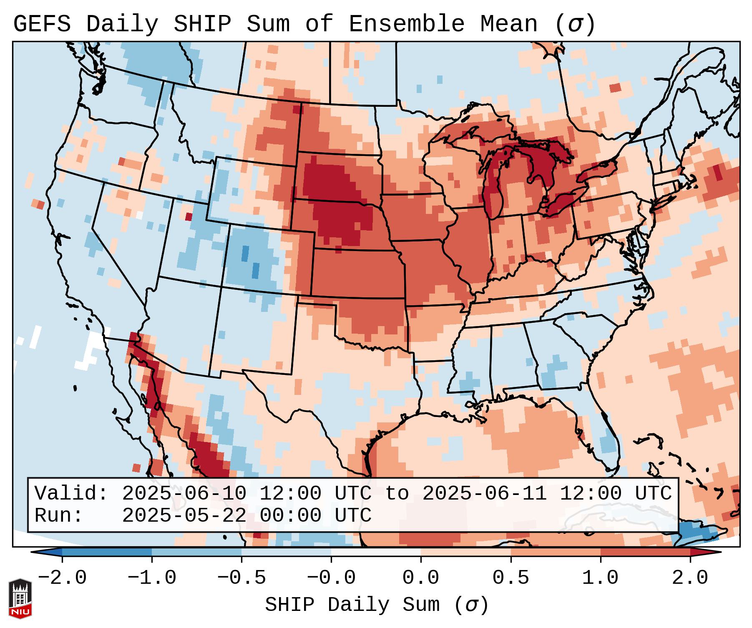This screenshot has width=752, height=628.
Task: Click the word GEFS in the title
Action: tap(42, 24)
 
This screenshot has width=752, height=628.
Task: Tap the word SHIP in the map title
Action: tap(202, 24)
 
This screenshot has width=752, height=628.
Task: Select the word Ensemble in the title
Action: tap(406, 24)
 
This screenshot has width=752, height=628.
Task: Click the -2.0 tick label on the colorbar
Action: tap(62, 578)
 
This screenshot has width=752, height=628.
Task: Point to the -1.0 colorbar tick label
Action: tap(152, 578)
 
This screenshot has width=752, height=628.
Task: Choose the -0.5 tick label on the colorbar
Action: tap(241, 578)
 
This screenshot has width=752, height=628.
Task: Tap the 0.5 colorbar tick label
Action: tap(511, 578)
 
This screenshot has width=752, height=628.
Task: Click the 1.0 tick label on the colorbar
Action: tap(601, 578)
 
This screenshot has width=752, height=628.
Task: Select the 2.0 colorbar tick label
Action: tap(690, 578)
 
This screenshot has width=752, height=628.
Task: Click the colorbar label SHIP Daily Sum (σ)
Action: tap(376, 605)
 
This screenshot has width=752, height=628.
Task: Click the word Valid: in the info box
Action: tap(71, 494)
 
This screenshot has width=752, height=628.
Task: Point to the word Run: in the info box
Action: tap(59, 515)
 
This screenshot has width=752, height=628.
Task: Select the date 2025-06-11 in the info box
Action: tap(484, 494)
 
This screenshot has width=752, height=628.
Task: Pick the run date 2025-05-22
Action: tap(184, 515)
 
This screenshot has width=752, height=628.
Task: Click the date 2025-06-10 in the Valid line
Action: tap(184, 494)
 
